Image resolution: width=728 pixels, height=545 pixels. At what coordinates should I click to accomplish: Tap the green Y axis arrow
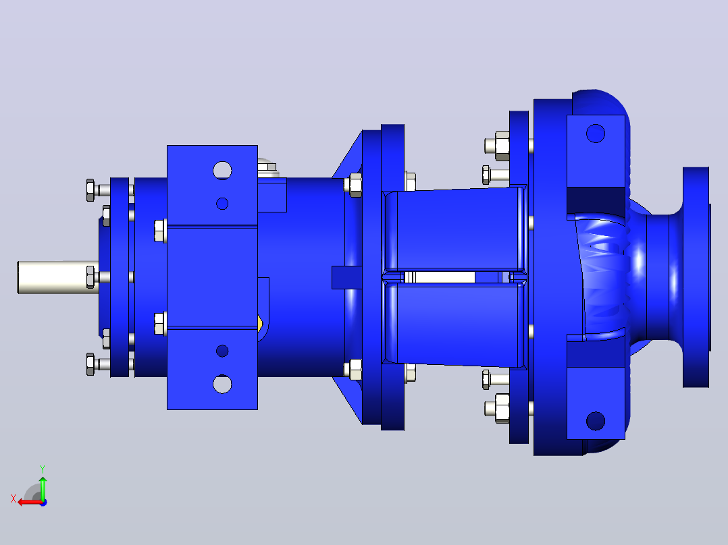click(43, 488)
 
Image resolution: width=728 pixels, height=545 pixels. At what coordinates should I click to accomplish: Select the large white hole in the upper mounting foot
click(222, 170)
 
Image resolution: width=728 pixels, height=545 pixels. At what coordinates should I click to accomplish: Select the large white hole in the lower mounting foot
click(222, 384)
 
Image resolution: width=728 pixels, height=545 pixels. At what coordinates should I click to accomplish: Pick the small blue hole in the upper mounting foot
click(222, 203)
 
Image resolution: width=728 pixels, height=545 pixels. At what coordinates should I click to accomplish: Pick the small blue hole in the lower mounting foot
click(222, 351)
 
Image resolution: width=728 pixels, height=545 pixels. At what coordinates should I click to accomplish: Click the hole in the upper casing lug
click(596, 134)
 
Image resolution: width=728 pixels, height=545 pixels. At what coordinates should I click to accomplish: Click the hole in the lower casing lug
click(596, 421)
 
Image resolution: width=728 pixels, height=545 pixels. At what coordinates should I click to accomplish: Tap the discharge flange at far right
click(696, 277)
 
